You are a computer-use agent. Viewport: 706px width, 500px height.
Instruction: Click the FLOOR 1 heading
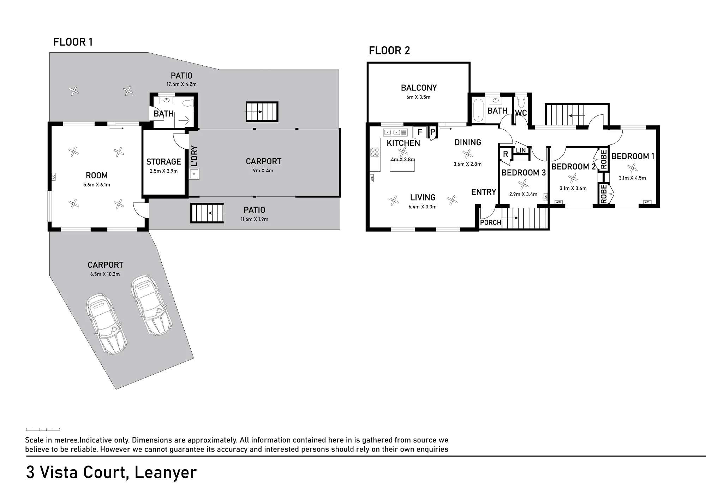tap(73, 42)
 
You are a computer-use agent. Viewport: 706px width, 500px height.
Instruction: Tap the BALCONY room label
tap(419, 88)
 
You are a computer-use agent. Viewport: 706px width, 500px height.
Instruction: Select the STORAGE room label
tap(163, 162)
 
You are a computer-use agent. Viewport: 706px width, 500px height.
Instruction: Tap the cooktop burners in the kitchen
tap(375, 152)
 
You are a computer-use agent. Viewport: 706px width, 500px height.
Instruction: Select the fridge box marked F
tap(420, 132)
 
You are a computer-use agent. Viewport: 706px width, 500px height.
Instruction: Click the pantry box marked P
tap(432, 132)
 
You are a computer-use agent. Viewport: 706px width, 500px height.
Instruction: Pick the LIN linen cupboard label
tap(521, 150)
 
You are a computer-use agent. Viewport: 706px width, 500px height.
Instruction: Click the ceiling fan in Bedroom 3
tap(523, 184)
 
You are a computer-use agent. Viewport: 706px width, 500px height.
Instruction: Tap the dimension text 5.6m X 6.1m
tap(97, 185)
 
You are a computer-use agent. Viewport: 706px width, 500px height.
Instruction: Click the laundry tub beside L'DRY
tap(194, 174)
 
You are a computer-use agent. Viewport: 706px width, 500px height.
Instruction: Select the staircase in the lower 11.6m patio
tap(207, 213)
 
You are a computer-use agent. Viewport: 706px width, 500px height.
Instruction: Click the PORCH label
tap(491, 222)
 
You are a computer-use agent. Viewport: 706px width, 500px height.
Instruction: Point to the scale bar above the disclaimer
tap(43, 429)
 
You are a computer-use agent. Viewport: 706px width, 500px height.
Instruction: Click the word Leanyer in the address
tap(166, 473)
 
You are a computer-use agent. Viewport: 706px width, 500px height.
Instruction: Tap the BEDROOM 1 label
tap(633, 156)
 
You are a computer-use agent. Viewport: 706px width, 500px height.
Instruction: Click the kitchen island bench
tap(402, 166)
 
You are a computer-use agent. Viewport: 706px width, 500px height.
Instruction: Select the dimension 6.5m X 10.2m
tap(105, 274)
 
